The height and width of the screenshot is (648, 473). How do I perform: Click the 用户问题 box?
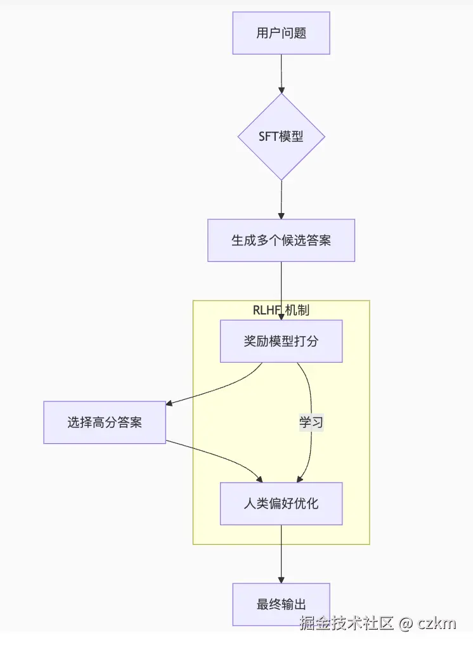281,33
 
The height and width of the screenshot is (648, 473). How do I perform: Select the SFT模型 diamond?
281,137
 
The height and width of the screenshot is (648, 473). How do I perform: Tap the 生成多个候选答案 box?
281,240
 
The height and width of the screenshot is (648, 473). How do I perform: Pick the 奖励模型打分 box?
281,341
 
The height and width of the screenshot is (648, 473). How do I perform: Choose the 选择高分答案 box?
105,422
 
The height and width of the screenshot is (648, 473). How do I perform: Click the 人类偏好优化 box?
281,504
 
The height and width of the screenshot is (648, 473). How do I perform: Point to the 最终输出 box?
281,604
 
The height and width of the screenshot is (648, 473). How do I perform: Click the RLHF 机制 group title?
281,309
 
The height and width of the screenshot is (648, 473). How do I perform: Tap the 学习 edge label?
311,422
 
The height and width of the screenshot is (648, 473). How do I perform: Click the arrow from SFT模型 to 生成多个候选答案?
281,200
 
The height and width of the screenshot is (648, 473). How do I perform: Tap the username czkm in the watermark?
437,623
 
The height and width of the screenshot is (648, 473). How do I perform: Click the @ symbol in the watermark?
406,623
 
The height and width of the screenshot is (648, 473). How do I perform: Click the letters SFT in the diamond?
269,137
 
